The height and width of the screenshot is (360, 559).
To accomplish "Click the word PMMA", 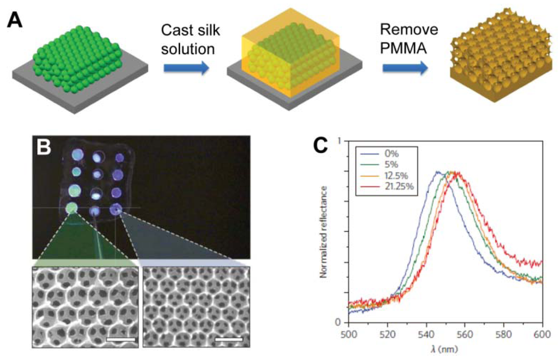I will tap(403, 49).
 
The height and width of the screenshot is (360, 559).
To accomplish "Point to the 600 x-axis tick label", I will tap(543, 332).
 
